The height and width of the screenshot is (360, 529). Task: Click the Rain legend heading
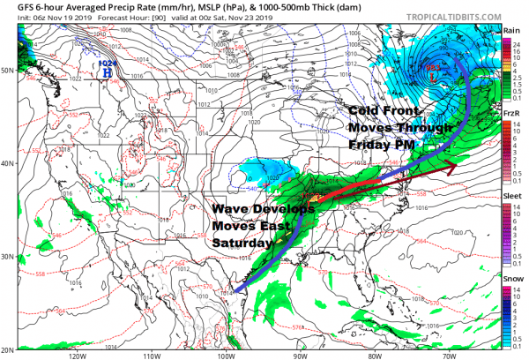point(510,30)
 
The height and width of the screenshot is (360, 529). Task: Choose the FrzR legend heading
point(510,114)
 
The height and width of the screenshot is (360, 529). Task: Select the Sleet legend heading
point(510,192)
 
